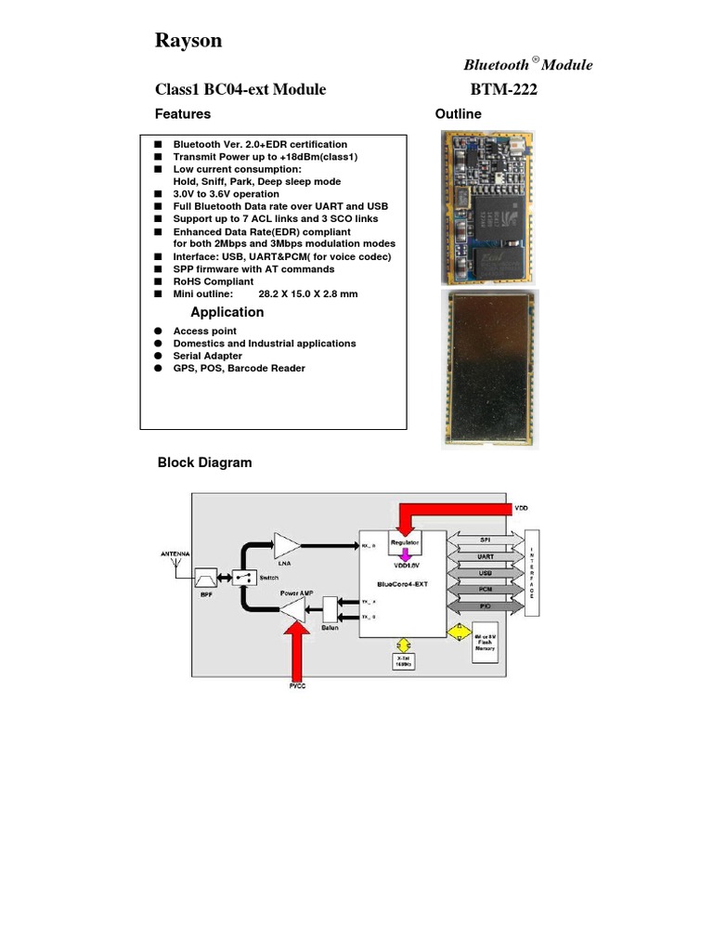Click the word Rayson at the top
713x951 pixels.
pos(188,41)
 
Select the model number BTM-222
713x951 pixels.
pos(504,90)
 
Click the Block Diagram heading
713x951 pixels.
pos(204,462)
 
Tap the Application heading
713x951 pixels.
pos(227,312)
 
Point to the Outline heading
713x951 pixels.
pos(458,114)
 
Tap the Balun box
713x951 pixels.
pos(330,610)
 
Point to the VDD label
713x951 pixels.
pos(523,509)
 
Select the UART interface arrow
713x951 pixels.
pos(485,555)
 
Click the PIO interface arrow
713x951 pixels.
pos(485,606)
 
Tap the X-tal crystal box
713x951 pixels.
pos(402,662)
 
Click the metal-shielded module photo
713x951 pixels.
pos(486,369)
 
